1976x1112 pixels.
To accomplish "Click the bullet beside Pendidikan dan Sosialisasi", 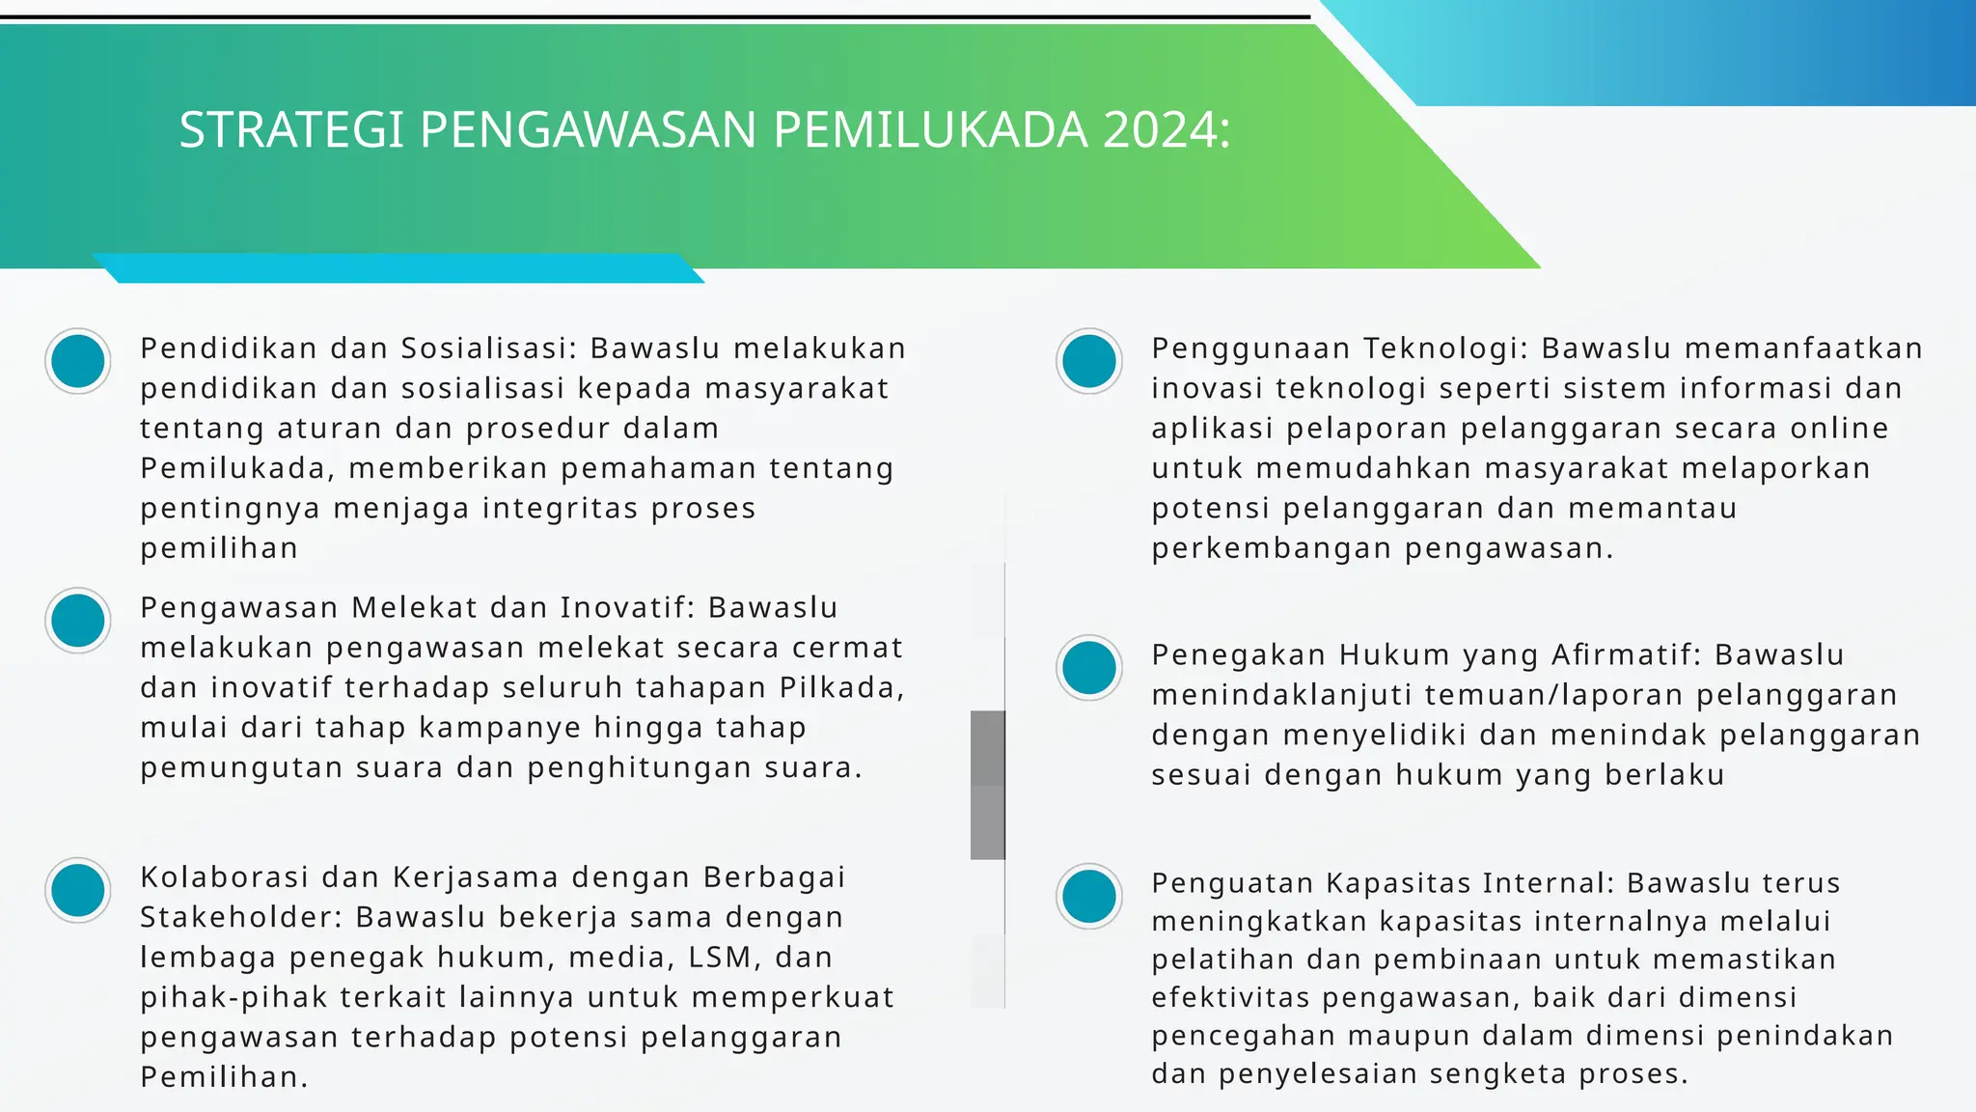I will tap(78, 361).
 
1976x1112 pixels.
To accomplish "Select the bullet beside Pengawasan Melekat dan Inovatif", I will tap(78, 621).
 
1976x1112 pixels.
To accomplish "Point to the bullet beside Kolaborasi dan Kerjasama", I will tap(78, 890).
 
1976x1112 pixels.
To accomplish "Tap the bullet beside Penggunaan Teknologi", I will tap(1089, 361).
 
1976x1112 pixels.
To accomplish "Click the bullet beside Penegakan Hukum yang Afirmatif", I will tap(1089, 667).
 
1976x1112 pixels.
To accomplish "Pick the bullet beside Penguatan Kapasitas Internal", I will tap(1089, 896).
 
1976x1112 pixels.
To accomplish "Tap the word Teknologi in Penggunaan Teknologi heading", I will tap(1445, 348).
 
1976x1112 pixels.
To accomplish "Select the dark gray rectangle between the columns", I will tap(987, 784).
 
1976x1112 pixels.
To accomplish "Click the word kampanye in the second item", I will tap(500, 728).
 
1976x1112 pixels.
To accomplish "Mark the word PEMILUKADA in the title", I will tap(930, 130).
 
